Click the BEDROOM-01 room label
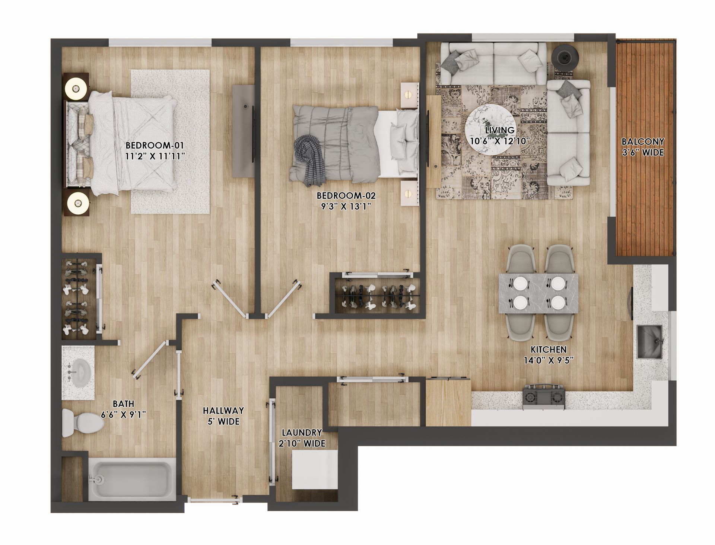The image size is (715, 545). [x=155, y=145]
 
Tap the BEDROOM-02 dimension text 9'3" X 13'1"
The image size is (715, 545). [x=346, y=207]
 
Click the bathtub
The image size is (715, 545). [x=132, y=481]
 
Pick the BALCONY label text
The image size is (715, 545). [x=643, y=142]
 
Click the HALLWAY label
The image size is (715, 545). [x=223, y=411]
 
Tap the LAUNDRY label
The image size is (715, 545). [x=302, y=433]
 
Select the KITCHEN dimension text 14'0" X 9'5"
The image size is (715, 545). [x=549, y=360]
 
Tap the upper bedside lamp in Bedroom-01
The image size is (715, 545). [x=76, y=89]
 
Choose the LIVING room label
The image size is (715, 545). [x=499, y=130]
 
